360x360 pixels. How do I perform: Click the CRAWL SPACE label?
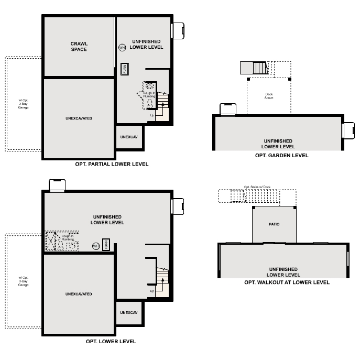tap(79, 46)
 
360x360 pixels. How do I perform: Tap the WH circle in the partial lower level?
tap(122, 47)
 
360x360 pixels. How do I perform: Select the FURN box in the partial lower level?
tap(124, 69)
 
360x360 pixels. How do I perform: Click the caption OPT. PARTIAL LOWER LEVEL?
tap(112, 164)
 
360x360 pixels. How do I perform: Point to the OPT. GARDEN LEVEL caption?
tap(281, 155)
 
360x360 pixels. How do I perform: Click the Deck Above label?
tap(269, 96)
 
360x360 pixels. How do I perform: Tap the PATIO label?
tap(274, 224)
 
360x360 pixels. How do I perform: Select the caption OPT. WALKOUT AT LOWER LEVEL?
tap(287, 282)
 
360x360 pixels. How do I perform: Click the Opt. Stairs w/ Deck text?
tap(257, 187)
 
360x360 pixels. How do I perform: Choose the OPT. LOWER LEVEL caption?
tap(111, 341)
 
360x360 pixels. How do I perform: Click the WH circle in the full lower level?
tap(96, 246)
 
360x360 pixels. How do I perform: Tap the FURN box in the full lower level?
tap(106, 245)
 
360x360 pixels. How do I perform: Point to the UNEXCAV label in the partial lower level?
tap(128, 137)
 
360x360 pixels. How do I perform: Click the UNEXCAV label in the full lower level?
tap(128, 312)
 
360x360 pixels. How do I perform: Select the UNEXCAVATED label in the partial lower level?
tap(79, 118)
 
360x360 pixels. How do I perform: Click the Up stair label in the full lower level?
tap(152, 291)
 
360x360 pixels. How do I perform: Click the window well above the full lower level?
tap(57, 186)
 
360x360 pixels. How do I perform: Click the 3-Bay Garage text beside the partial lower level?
tap(24, 107)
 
